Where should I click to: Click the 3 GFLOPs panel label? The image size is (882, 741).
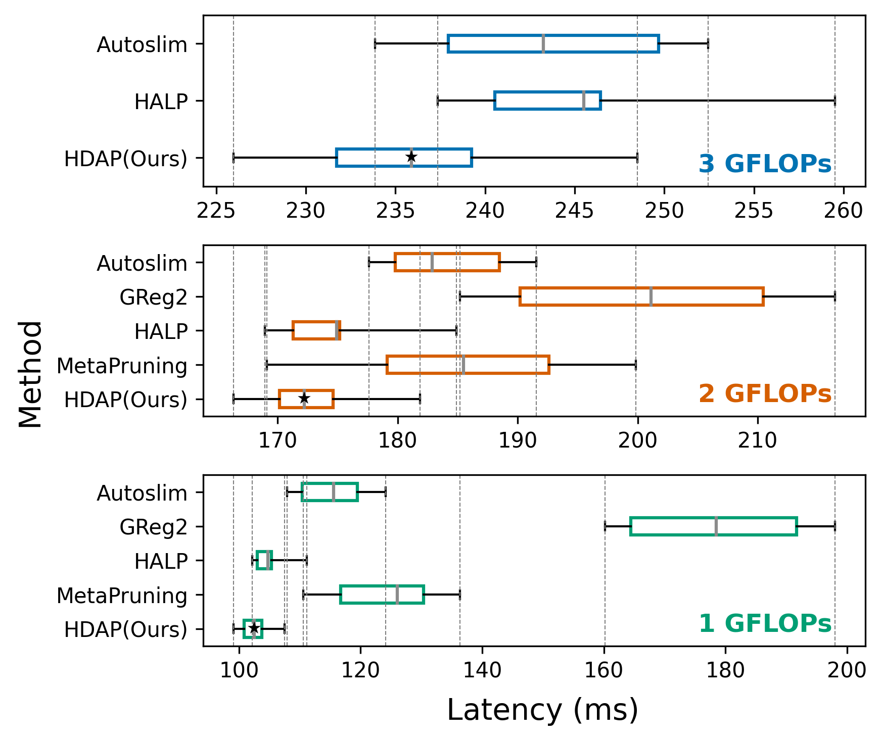[x=765, y=164]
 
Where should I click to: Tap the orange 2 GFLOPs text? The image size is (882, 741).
[x=765, y=394]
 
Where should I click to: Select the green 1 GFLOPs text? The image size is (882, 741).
[x=765, y=624]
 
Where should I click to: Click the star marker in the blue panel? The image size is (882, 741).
[x=411, y=157]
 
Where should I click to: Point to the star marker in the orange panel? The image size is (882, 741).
[x=304, y=399]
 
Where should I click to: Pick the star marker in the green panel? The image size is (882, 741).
[x=254, y=628]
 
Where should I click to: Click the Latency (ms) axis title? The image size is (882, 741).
[x=542, y=710]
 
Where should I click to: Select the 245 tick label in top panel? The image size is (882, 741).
[x=575, y=211]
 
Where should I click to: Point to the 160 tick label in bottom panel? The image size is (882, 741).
[x=605, y=670]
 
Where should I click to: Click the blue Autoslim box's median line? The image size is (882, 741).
[x=543, y=43]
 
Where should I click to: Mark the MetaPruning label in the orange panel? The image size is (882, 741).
[x=122, y=366]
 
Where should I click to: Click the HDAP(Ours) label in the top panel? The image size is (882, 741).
[x=125, y=159]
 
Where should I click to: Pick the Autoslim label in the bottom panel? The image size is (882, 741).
[x=142, y=493]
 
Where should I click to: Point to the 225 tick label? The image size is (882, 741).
[x=216, y=211]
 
